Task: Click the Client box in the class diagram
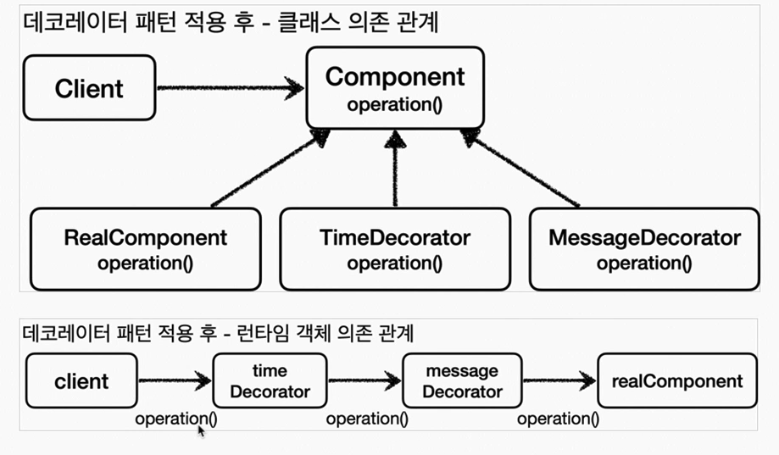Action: pos(89,87)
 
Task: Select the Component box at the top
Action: pos(394,89)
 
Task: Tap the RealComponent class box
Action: pos(145,248)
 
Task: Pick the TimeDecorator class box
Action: pos(394,248)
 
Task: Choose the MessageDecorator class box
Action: pos(643,248)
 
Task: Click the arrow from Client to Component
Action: pos(229,87)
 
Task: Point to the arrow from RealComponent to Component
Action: pos(267,169)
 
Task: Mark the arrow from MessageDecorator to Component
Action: pos(521,169)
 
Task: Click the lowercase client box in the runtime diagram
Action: pos(81,381)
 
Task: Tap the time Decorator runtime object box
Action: pos(270,381)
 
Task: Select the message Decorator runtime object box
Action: pos(462,381)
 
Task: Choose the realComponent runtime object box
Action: pos(676,381)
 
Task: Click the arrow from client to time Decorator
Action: pos(174,381)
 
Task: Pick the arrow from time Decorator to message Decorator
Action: pos(364,381)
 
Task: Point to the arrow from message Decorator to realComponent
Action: pos(559,381)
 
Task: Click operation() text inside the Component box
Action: pos(394,105)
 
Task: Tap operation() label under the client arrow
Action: pos(175,418)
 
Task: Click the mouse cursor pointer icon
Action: pos(202,431)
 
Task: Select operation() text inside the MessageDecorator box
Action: pos(643,264)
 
